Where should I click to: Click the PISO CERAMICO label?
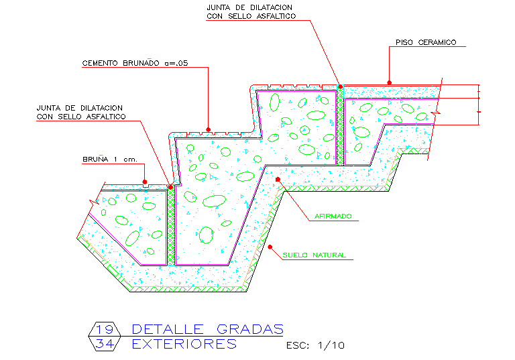[426, 42]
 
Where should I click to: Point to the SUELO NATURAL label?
[314, 255]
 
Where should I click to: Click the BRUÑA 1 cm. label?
[110, 160]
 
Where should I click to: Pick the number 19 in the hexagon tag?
[103, 329]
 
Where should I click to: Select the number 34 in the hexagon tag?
[103, 344]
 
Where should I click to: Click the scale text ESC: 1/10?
[314, 346]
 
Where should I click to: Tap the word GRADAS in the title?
[250, 329]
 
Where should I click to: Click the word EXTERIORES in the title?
[184, 344]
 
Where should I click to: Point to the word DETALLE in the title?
[170, 329]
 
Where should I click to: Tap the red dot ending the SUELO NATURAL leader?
[270, 247]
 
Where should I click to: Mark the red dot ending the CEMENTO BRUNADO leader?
[209, 129]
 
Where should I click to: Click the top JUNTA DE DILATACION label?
[249, 12]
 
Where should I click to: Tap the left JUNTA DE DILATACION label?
[80, 112]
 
